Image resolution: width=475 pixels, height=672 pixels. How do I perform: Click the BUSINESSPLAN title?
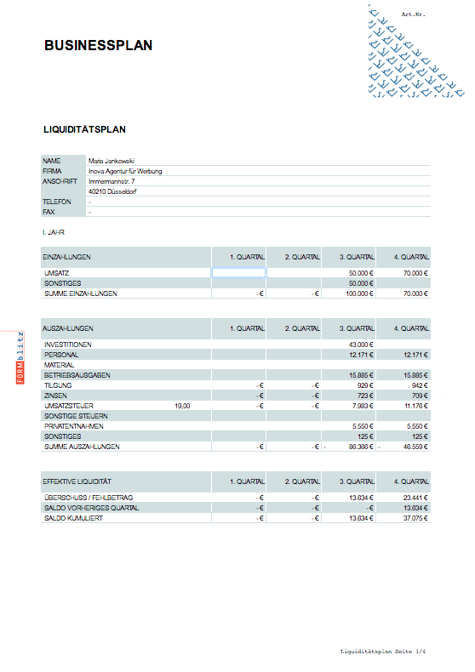[x=98, y=45]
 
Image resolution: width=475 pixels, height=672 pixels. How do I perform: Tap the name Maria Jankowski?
[x=112, y=160]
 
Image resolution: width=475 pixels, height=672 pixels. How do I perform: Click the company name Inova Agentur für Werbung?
[x=125, y=171]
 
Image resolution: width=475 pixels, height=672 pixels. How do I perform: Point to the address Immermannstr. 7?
[x=112, y=181]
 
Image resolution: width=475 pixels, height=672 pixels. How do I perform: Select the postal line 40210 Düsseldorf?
[x=112, y=191]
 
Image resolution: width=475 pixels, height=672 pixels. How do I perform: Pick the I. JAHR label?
[x=54, y=231]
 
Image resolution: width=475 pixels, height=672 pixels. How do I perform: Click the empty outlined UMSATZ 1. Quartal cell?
[x=238, y=272]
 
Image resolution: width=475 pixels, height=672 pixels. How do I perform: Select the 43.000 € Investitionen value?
[x=363, y=344]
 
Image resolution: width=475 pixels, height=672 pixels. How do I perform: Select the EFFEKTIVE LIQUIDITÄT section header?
[x=77, y=481]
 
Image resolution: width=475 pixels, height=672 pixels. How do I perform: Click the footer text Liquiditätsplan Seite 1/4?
[x=381, y=651]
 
